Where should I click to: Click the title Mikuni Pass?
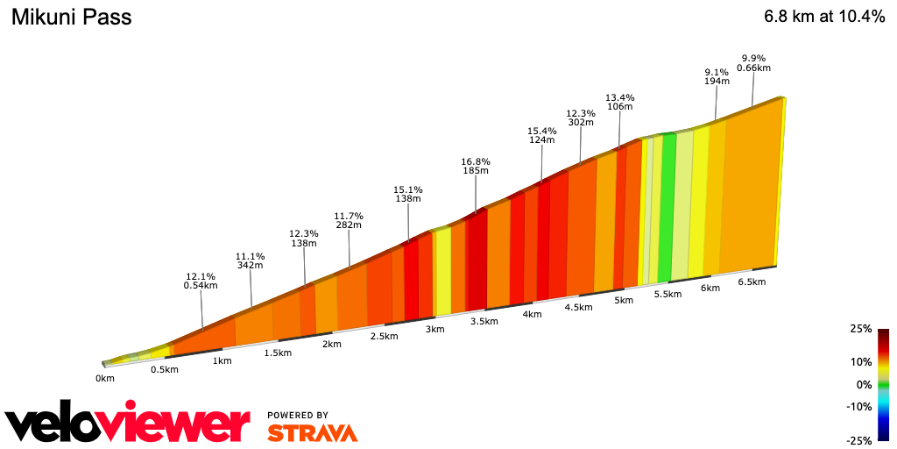point(71,17)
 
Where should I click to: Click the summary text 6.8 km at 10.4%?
point(824,17)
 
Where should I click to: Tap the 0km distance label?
point(105,379)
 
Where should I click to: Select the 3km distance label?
point(434,329)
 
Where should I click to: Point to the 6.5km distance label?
point(752,282)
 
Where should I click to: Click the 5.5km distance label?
point(667,294)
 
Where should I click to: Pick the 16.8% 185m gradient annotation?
point(476,167)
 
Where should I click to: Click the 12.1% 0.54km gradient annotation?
point(201,281)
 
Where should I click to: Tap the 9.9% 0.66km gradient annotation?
point(753,63)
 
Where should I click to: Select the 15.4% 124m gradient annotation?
point(542,135)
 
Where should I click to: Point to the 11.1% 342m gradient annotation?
point(251,261)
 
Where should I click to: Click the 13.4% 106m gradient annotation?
point(620,102)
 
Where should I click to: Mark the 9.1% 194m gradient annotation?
point(717,76)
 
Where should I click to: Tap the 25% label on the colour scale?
point(861,329)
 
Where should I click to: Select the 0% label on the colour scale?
point(864,384)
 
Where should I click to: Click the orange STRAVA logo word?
point(312,432)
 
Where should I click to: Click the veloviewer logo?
point(128,424)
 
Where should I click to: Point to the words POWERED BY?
point(298,415)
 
